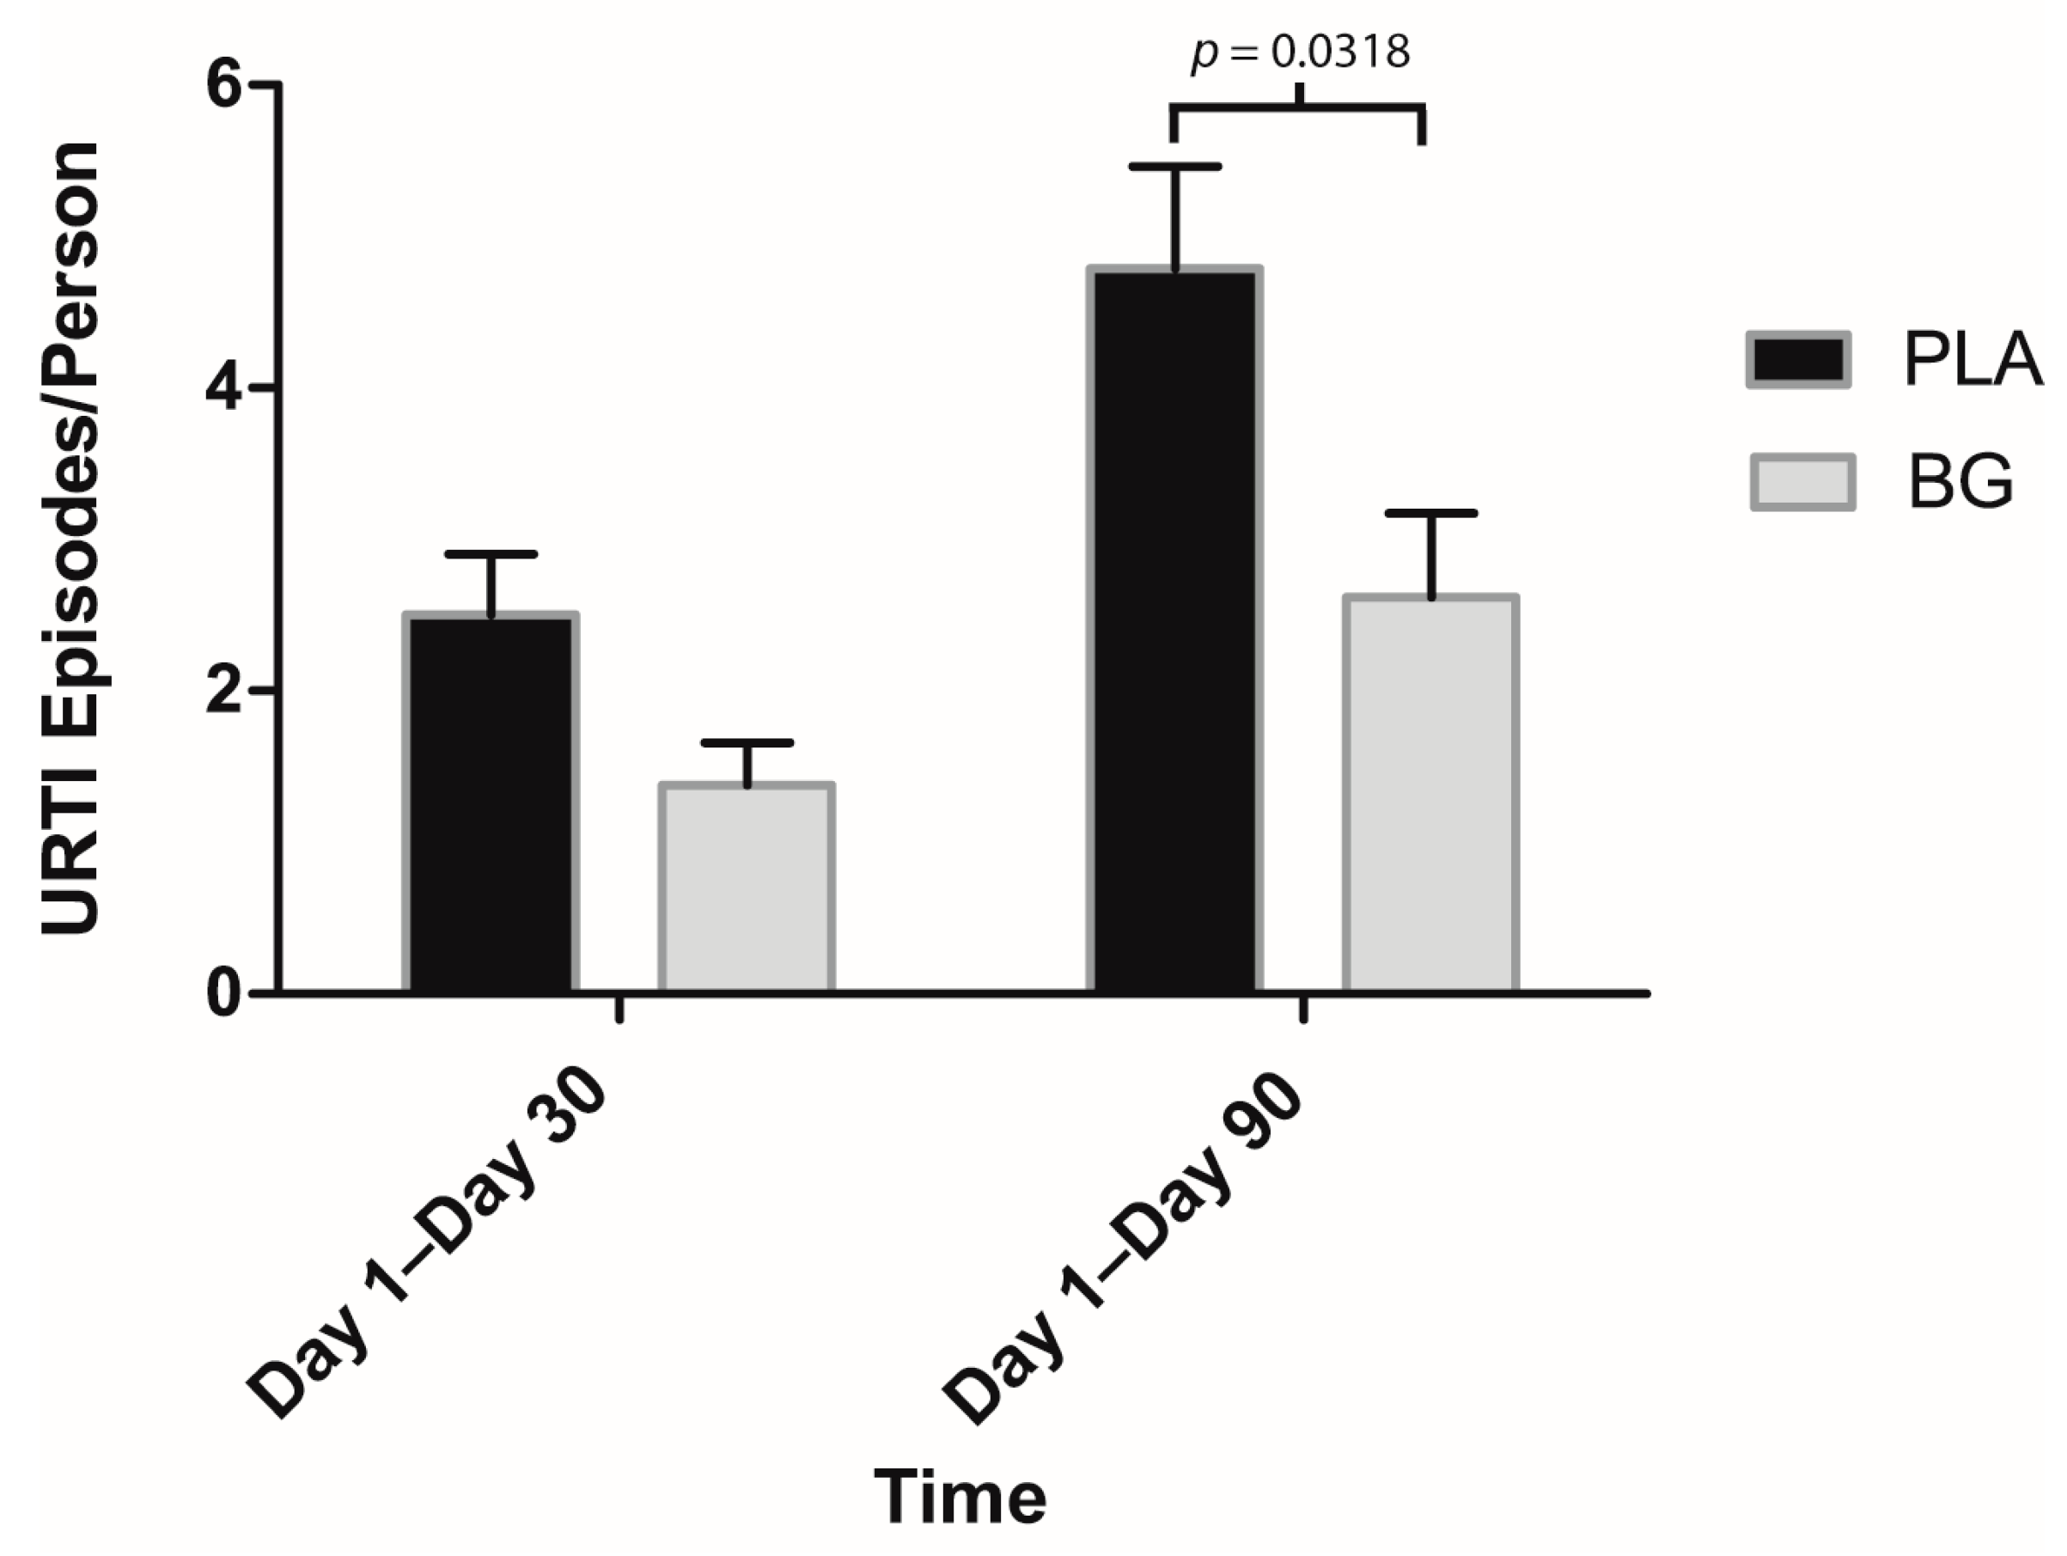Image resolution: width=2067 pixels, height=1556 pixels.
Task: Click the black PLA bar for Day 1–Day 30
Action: [x=491, y=803]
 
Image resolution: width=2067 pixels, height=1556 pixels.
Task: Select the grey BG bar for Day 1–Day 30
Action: [x=747, y=888]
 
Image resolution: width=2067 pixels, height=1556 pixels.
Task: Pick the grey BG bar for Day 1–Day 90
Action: [x=1430, y=795]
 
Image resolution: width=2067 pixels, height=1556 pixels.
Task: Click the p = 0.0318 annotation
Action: [x=1300, y=52]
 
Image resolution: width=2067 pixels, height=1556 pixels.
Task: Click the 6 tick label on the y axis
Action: [x=225, y=86]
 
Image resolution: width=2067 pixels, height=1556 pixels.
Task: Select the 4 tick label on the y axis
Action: [x=225, y=387]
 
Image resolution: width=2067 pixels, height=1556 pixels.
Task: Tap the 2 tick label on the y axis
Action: [x=225, y=690]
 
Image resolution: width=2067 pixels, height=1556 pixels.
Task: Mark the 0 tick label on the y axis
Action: [x=225, y=992]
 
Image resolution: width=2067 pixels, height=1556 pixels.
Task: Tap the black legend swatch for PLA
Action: [x=1799, y=360]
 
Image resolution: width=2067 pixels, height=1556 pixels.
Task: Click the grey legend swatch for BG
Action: [x=1802, y=483]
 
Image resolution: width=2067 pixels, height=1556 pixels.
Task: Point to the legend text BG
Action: [x=1960, y=483]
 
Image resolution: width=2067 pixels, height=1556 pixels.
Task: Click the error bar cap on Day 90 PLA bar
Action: [x=1174, y=168]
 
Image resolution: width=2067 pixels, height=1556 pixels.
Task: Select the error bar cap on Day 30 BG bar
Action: [x=747, y=743]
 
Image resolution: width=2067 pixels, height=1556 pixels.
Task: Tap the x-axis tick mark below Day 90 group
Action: [x=1302, y=1010]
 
